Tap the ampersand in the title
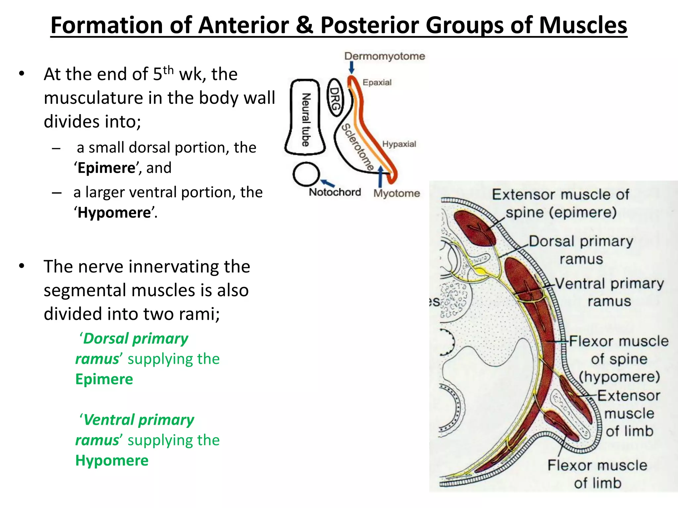(x=304, y=25)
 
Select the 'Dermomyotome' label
(x=384, y=56)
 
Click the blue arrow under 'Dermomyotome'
(x=352, y=67)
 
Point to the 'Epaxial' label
(x=377, y=82)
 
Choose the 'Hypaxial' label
(x=399, y=144)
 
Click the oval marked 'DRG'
(x=335, y=98)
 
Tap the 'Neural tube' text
(x=306, y=119)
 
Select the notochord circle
(x=306, y=174)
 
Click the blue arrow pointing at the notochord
(x=327, y=183)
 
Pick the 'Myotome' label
(x=397, y=193)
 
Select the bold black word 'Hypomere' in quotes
(x=114, y=213)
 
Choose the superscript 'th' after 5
(x=168, y=70)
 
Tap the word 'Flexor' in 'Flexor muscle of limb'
(x=566, y=465)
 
